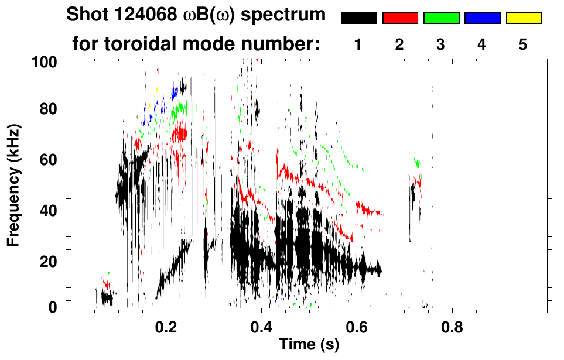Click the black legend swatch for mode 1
click(x=358, y=18)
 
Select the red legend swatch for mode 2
click(x=400, y=18)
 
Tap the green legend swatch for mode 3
click(x=441, y=18)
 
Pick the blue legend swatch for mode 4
click(x=482, y=18)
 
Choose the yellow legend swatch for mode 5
click(x=523, y=18)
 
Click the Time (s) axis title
click(x=308, y=345)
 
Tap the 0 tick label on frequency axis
click(x=54, y=307)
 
